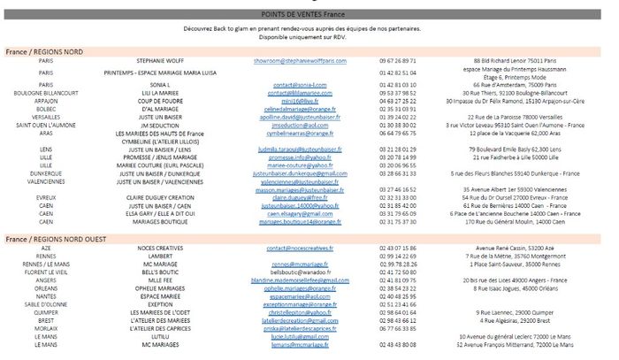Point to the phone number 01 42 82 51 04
coord(395,73)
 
